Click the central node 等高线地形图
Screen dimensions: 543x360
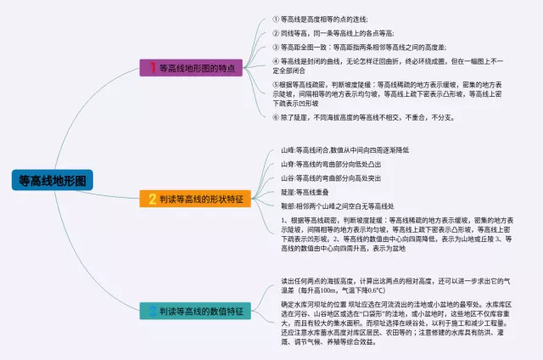tap(52, 180)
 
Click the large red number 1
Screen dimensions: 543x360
tap(153, 67)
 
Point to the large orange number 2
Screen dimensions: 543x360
tap(153, 199)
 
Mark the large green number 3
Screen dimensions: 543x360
tap(153, 312)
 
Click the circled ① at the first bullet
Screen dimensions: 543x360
tap(275, 18)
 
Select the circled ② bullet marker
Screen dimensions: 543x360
tap(275, 32)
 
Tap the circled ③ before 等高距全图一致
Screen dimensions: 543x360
tap(275, 47)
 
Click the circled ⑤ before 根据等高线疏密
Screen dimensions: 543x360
tap(275, 85)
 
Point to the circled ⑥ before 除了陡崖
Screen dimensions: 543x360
tap(275, 117)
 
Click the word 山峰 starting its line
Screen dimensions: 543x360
tap(288, 149)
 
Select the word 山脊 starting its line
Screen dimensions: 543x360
tap(288, 163)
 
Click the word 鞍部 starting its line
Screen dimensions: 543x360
tap(288, 205)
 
